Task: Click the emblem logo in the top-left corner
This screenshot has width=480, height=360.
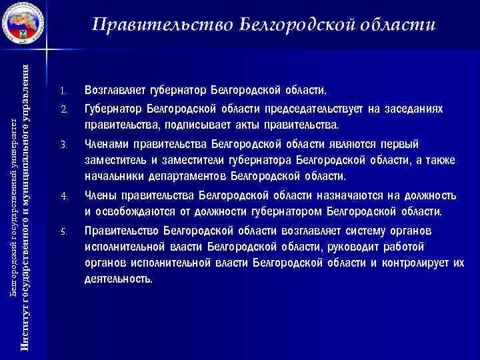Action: click(22, 23)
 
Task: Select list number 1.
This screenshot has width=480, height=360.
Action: click(63, 90)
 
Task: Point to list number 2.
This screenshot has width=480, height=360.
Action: click(63, 109)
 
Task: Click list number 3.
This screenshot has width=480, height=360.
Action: click(63, 144)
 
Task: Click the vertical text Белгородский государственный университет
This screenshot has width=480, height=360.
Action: click(15, 187)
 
